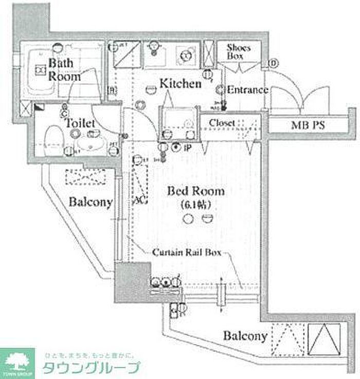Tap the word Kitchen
tap(179, 83)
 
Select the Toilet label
tap(80, 123)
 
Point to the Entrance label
tap(247, 90)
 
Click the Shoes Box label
tap(239, 52)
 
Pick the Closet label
tap(223, 123)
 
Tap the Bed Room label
tap(196, 192)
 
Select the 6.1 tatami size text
tap(196, 205)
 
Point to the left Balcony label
tap(91, 202)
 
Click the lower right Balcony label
tap(245, 336)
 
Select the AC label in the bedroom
tap(138, 199)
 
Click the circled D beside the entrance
tap(273, 64)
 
